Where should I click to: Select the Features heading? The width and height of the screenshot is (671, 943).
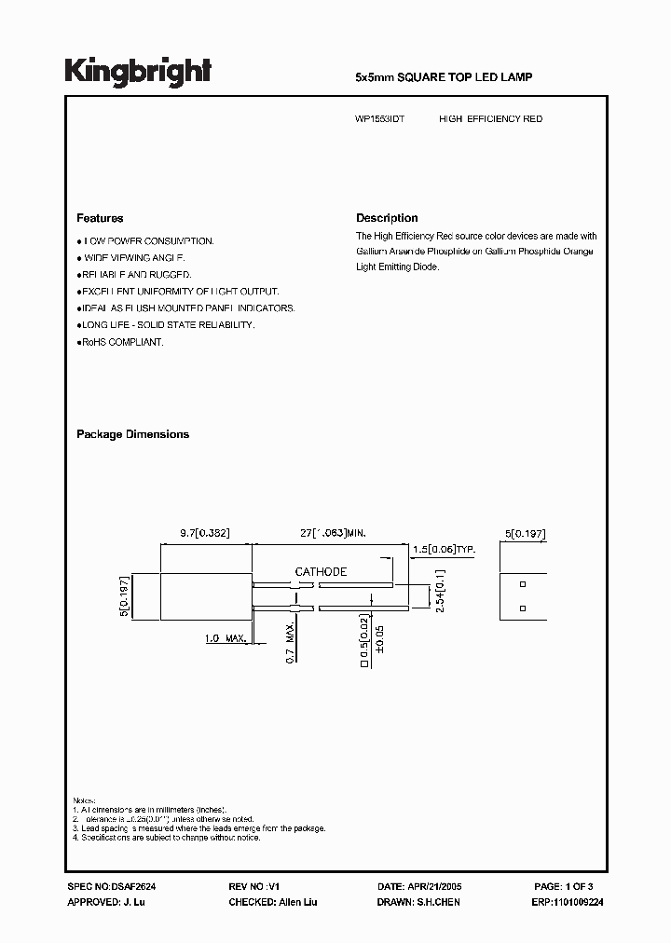pos(100,218)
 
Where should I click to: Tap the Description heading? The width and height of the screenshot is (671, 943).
pos(387,218)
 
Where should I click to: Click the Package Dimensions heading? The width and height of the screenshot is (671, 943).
pos(132,434)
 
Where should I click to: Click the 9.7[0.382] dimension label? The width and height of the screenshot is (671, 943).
pos(205,533)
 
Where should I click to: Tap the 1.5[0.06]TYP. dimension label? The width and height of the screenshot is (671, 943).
pos(444,551)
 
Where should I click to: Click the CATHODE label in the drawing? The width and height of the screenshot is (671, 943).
pos(321,571)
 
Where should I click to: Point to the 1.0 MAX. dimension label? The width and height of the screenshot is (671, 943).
pos(225,638)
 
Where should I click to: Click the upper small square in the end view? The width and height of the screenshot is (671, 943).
pos(523,584)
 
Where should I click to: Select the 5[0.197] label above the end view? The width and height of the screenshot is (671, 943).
pos(525,533)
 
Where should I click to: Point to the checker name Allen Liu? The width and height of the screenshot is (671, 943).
pos(298,902)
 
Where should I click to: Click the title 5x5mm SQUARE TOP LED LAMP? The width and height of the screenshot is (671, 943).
pos(445,77)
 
